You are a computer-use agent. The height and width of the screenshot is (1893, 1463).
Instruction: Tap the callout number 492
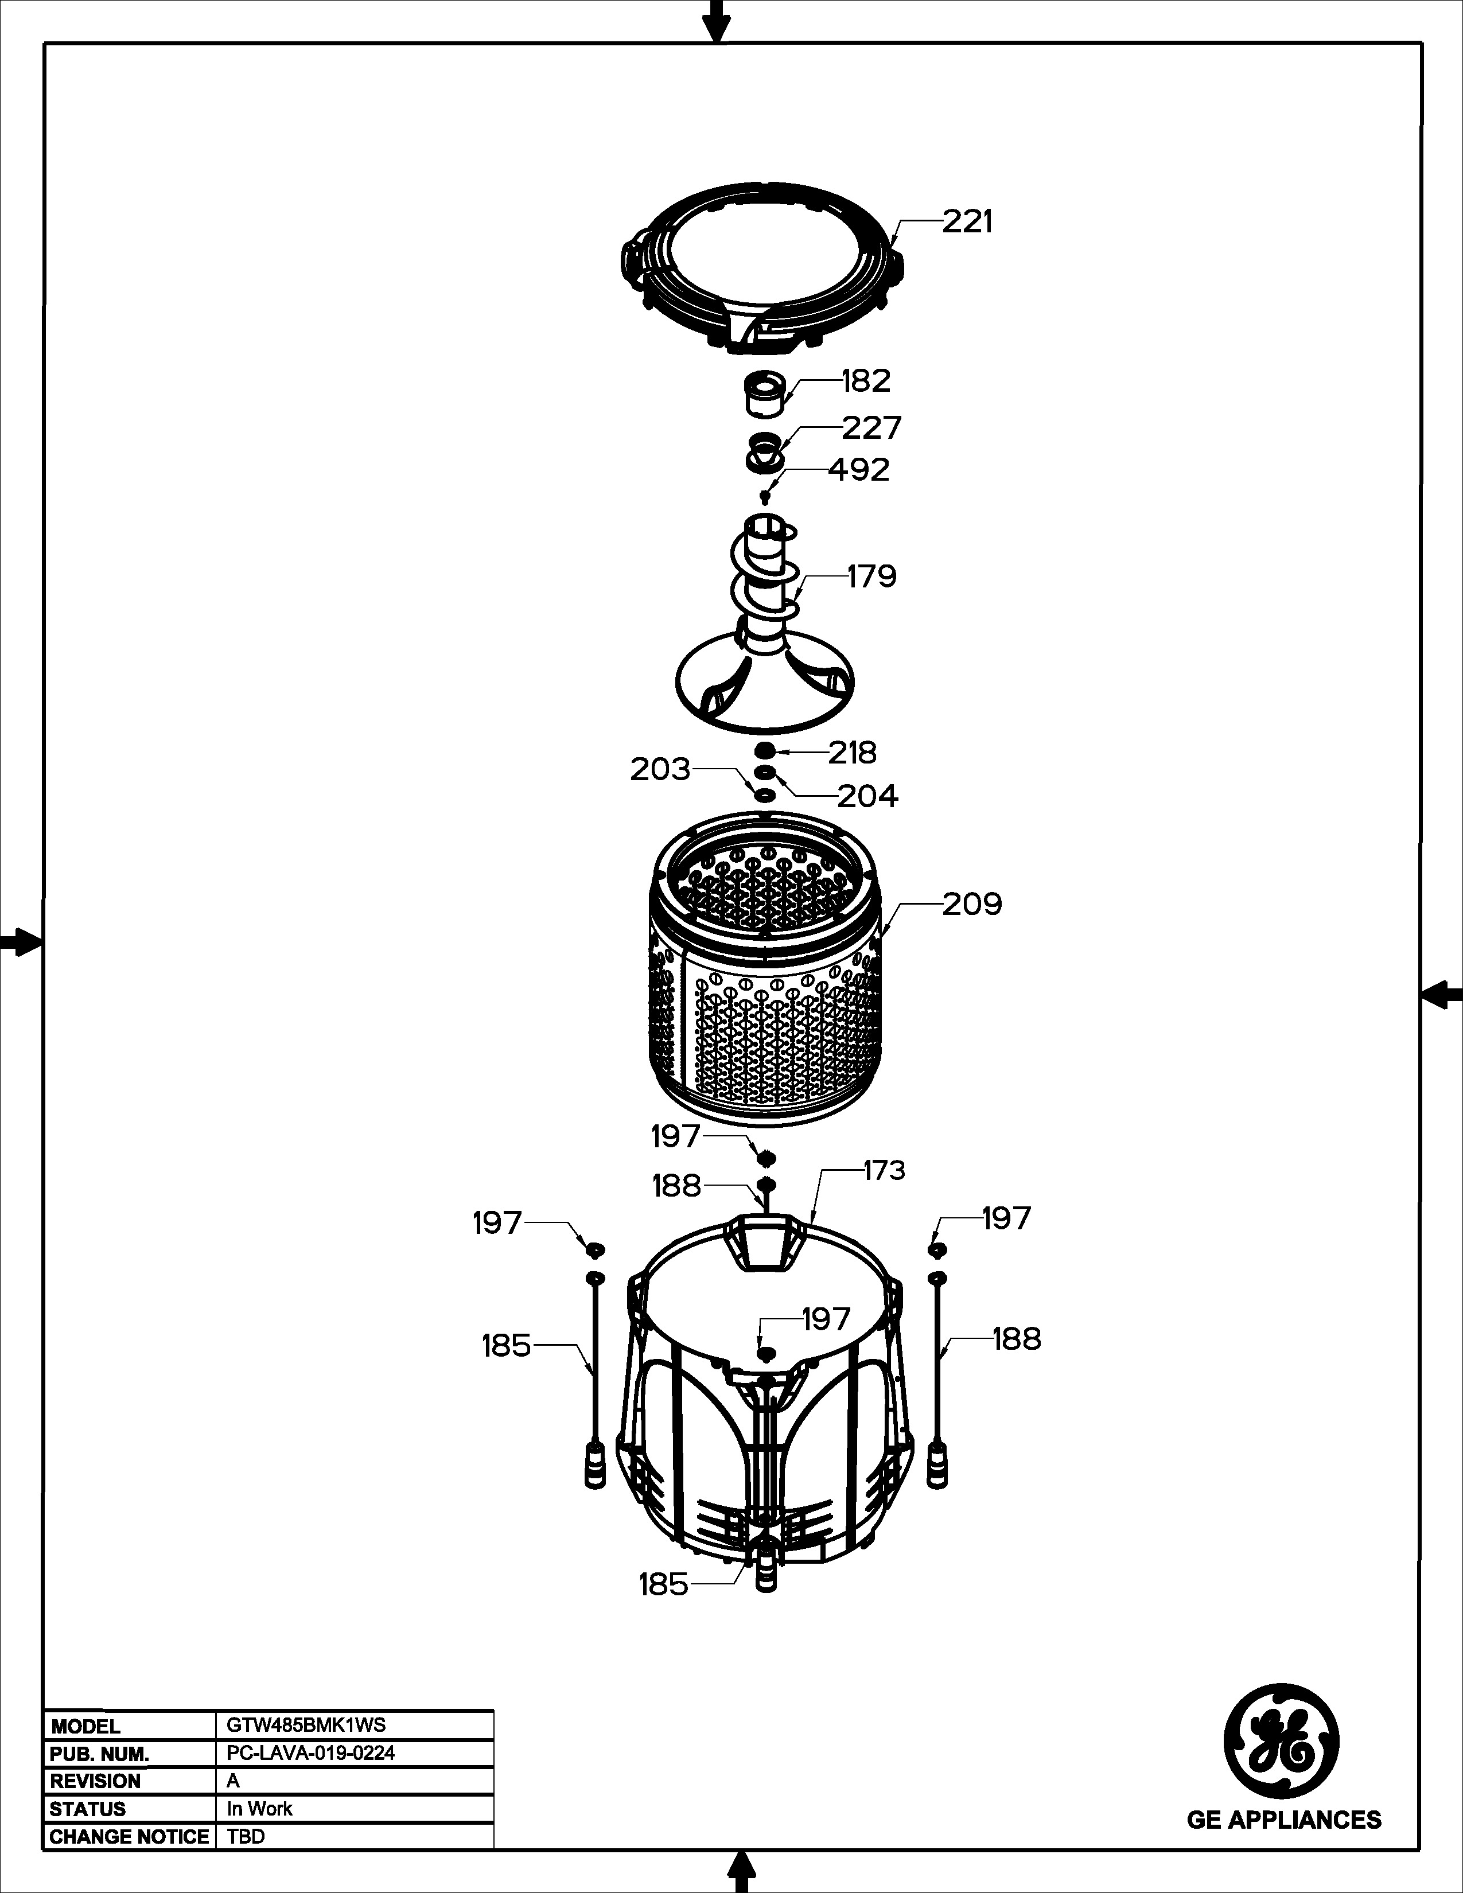point(858,470)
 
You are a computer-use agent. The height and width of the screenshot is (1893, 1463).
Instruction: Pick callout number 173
point(884,1170)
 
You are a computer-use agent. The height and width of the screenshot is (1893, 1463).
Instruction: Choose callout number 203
point(660,769)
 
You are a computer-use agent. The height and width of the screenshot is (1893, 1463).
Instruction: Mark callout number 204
point(867,796)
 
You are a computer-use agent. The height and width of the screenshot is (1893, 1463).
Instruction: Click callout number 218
point(853,753)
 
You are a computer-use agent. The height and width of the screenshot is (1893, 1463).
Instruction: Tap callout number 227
point(872,427)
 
